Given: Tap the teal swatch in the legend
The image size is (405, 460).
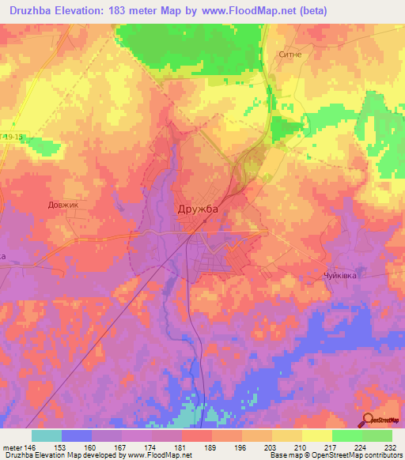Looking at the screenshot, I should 46,435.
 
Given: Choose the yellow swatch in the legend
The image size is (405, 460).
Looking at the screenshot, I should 316,435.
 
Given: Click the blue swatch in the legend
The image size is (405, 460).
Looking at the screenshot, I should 77,435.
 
